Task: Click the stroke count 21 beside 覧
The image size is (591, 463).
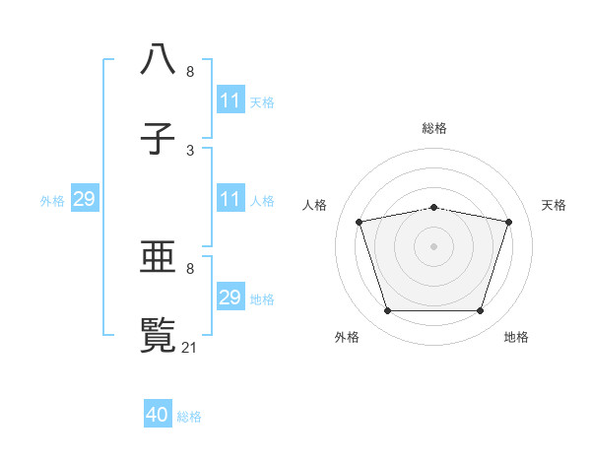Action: click(x=191, y=347)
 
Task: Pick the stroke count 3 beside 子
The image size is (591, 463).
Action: click(x=190, y=150)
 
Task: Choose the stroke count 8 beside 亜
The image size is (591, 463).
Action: click(x=190, y=267)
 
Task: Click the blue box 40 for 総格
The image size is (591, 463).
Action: click(x=159, y=415)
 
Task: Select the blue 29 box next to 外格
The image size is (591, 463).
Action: click(x=85, y=200)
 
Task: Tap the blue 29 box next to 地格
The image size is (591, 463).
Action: click(x=230, y=298)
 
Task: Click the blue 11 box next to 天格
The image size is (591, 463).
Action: click(x=230, y=101)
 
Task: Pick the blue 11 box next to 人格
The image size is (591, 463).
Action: click(x=230, y=200)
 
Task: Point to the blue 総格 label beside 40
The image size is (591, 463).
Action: click(x=189, y=417)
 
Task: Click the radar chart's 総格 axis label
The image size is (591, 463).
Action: click(x=434, y=128)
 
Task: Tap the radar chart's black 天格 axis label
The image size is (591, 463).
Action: click(x=555, y=205)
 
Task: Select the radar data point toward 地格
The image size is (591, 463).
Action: click(x=480, y=311)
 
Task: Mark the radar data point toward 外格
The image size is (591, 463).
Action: click(x=387, y=311)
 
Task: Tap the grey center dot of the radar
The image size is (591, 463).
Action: click(x=433, y=246)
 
